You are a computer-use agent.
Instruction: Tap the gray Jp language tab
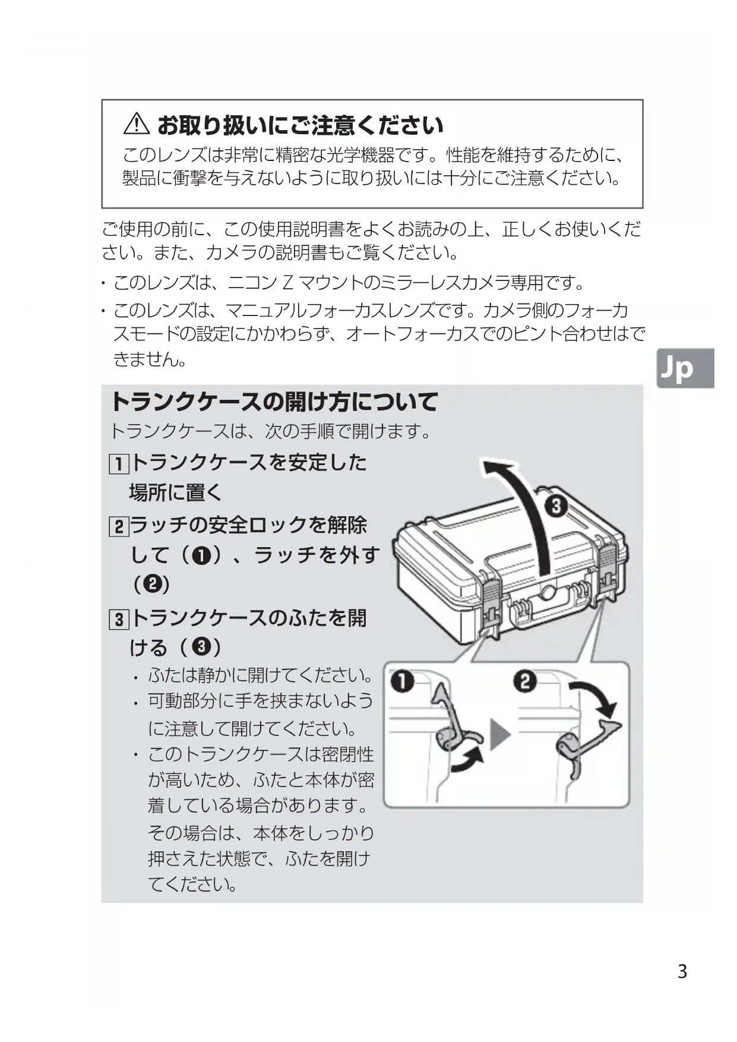point(685,368)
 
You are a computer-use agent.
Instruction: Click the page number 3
point(682,972)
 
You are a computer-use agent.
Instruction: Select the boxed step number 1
point(119,463)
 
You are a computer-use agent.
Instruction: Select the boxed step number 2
point(119,526)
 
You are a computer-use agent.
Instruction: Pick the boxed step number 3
point(119,620)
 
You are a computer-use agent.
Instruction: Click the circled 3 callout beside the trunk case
point(556,507)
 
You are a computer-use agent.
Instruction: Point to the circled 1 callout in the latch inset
point(402,682)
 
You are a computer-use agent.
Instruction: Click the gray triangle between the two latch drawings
point(499,735)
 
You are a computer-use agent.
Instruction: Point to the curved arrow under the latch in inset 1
point(469,761)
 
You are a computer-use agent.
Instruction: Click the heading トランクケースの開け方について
point(274,402)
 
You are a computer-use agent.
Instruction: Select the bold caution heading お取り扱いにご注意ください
point(300,125)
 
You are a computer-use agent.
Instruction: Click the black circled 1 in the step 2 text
point(203,555)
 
